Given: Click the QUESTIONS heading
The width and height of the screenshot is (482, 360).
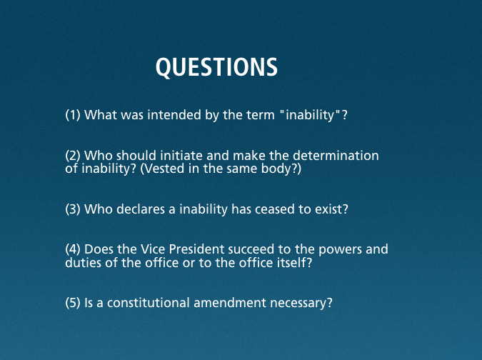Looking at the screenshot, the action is pyautogui.click(x=216, y=66).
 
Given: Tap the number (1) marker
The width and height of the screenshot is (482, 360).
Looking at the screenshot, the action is pyautogui.click(x=73, y=115).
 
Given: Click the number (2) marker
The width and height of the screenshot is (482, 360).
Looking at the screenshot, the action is pyautogui.click(x=73, y=156).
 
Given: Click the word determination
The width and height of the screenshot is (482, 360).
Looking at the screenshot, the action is pyautogui.click(x=336, y=155).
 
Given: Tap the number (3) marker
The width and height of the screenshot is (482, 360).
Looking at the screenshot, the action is pyautogui.click(x=73, y=209).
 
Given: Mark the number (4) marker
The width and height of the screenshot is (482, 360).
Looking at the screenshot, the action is pyautogui.click(x=73, y=249).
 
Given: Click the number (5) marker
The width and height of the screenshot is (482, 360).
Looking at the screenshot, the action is pyautogui.click(x=73, y=303).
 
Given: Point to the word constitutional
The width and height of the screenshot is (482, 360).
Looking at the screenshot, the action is pyautogui.click(x=148, y=303).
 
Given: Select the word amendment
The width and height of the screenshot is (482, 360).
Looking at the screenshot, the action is pyautogui.click(x=230, y=303).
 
